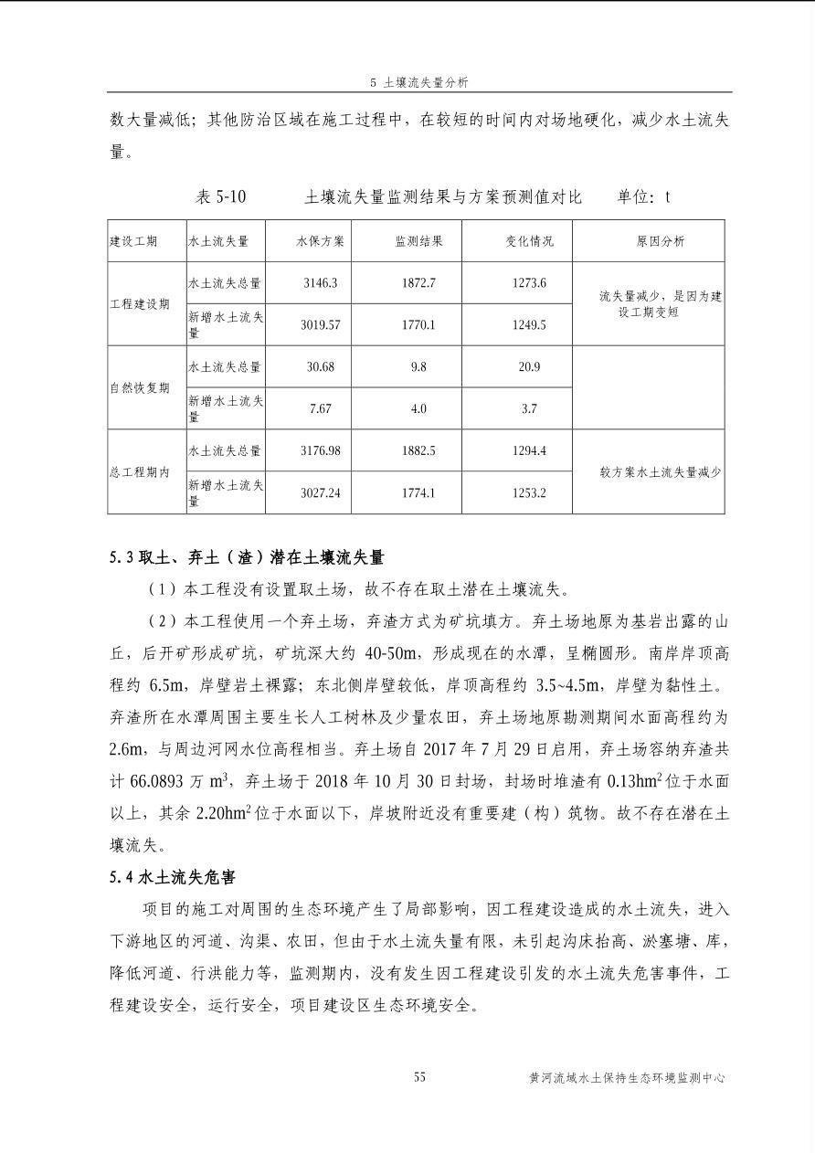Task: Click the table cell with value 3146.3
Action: coord(320,283)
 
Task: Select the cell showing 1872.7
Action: coord(418,283)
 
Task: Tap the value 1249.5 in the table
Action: coord(529,325)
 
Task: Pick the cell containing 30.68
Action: coord(320,366)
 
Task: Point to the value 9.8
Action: coord(418,366)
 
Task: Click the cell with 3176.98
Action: coord(320,451)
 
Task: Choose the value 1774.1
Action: coord(418,493)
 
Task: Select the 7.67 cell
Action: coord(320,409)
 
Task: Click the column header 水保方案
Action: coord(320,241)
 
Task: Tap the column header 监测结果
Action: coord(418,241)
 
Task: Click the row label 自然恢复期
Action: coord(140,387)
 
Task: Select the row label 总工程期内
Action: coord(140,472)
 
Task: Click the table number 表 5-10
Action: coord(220,197)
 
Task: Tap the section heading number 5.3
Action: coord(122,556)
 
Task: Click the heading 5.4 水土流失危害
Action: coord(172,878)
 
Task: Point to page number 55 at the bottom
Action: coord(419,1077)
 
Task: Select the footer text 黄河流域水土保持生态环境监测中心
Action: coord(627,1078)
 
